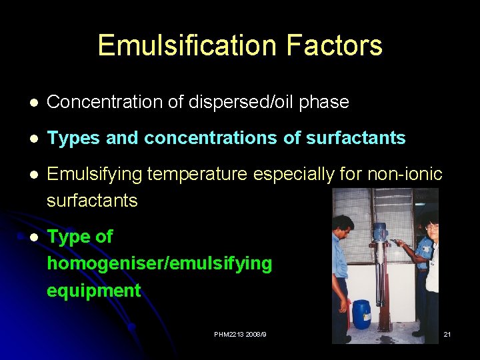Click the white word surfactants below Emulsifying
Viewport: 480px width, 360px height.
point(92,200)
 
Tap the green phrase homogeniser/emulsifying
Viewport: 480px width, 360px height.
point(159,263)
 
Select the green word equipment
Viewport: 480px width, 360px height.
point(93,290)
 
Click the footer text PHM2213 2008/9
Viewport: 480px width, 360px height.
point(240,333)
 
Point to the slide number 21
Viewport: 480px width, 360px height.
point(447,333)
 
